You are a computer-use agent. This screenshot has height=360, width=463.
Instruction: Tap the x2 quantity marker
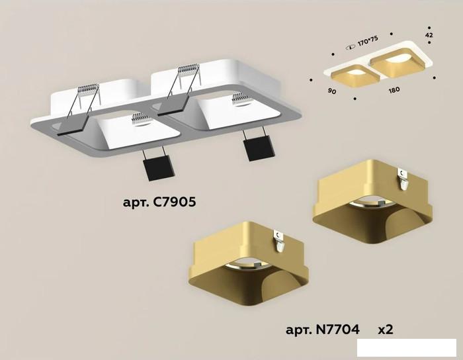coord(386,330)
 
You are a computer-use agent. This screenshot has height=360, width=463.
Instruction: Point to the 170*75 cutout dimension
coord(368,41)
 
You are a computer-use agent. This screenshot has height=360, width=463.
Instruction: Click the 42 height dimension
coord(429,35)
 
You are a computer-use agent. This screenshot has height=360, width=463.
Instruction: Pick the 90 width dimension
coord(332,91)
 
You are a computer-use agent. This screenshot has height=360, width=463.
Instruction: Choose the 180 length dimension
coord(394,90)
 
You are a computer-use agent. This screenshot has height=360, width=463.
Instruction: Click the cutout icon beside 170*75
coord(351,47)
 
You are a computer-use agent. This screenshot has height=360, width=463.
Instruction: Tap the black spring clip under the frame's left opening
coord(159,167)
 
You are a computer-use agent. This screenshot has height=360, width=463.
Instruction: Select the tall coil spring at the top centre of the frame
coord(189,70)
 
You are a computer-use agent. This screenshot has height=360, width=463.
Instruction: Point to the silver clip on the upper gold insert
coord(403,179)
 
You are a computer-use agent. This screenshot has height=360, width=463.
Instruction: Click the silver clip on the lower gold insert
coord(278,242)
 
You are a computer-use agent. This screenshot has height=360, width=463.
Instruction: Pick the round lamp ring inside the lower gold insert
coord(247,265)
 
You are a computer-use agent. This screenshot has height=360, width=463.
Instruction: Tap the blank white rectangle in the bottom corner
coord(407,347)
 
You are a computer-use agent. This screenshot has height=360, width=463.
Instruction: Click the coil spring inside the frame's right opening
coord(242,99)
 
